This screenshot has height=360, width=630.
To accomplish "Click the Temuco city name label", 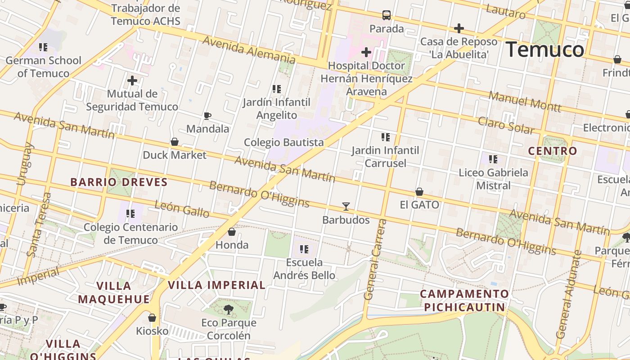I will point(545,49).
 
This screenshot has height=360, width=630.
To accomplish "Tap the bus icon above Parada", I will point(387,15).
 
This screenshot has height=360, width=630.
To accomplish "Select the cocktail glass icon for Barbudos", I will point(346,207).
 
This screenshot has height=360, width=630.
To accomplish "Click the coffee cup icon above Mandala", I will point(207,116).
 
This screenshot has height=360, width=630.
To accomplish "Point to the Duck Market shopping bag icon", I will point(175,142).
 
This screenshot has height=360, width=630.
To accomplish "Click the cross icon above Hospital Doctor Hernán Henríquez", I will point(366,52).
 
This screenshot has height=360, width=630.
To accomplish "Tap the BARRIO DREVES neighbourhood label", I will point(119,182).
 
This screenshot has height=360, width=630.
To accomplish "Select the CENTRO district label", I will point(552,151).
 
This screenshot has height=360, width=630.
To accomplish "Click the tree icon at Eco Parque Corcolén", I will point(229,309).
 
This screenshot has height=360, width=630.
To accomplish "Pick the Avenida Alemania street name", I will point(248,49).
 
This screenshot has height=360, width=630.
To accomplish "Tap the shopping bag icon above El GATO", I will point(419,192).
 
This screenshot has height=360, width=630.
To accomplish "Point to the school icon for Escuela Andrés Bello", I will point(304,249).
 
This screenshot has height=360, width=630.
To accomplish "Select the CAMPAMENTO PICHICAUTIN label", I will point(464,301).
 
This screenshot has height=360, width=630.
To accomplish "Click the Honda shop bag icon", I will point(232,232).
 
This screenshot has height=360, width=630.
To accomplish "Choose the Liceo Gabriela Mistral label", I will point(493,179).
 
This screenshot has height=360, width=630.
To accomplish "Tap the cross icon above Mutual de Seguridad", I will point(132,81).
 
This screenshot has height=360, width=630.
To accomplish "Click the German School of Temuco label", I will point(44,67).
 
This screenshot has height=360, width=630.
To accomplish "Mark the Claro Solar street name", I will point(506,126).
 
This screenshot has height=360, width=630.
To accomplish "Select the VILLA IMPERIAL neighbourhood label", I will point(216,285).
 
